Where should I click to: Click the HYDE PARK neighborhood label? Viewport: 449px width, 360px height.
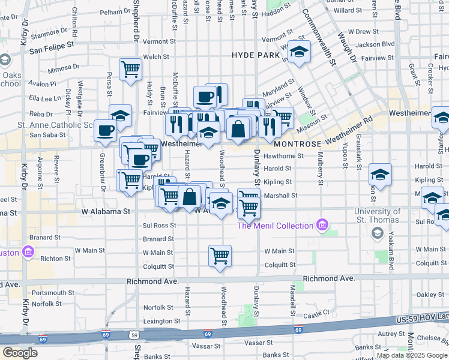pos(256,55)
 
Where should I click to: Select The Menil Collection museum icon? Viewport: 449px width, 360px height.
pos(323,226)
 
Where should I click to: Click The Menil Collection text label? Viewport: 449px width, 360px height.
pos(276,226)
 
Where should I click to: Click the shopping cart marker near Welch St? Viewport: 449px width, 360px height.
pos(130,68)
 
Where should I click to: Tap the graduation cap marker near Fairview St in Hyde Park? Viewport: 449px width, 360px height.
pos(299,52)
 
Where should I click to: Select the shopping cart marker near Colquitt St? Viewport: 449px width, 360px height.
pos(220,256)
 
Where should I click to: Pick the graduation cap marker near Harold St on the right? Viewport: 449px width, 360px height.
pos(379,175)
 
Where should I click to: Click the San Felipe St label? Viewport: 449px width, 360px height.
pos(51,44)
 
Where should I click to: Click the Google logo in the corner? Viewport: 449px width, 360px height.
pos(20,353)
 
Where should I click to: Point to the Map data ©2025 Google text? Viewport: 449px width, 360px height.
pos(411,355)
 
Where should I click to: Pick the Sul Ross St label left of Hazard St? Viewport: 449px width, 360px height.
pos(159,226)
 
